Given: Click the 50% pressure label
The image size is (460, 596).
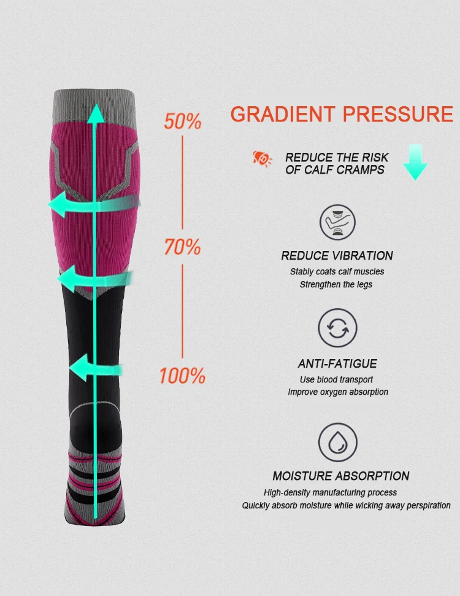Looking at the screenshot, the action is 183,121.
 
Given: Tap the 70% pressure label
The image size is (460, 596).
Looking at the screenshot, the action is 183,247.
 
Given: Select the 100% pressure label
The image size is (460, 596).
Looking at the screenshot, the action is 182,376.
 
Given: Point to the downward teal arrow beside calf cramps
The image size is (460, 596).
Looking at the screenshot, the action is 415,162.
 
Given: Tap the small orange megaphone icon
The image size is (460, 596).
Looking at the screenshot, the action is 263,158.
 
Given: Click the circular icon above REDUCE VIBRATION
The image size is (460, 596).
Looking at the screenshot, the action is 337,222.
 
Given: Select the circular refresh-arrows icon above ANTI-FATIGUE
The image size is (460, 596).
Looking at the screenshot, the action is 337,328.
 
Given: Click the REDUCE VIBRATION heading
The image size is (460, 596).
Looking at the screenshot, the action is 337,256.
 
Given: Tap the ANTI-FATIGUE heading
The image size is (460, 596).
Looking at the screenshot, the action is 337,364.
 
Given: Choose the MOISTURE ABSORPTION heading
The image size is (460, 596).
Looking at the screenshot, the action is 341,476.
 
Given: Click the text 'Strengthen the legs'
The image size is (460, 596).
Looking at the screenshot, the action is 336,284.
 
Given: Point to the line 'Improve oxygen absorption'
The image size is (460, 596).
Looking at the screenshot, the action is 338,392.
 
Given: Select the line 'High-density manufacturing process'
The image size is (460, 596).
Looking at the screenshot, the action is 330,492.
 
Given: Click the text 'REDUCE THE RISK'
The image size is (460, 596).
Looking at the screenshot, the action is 337,158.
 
